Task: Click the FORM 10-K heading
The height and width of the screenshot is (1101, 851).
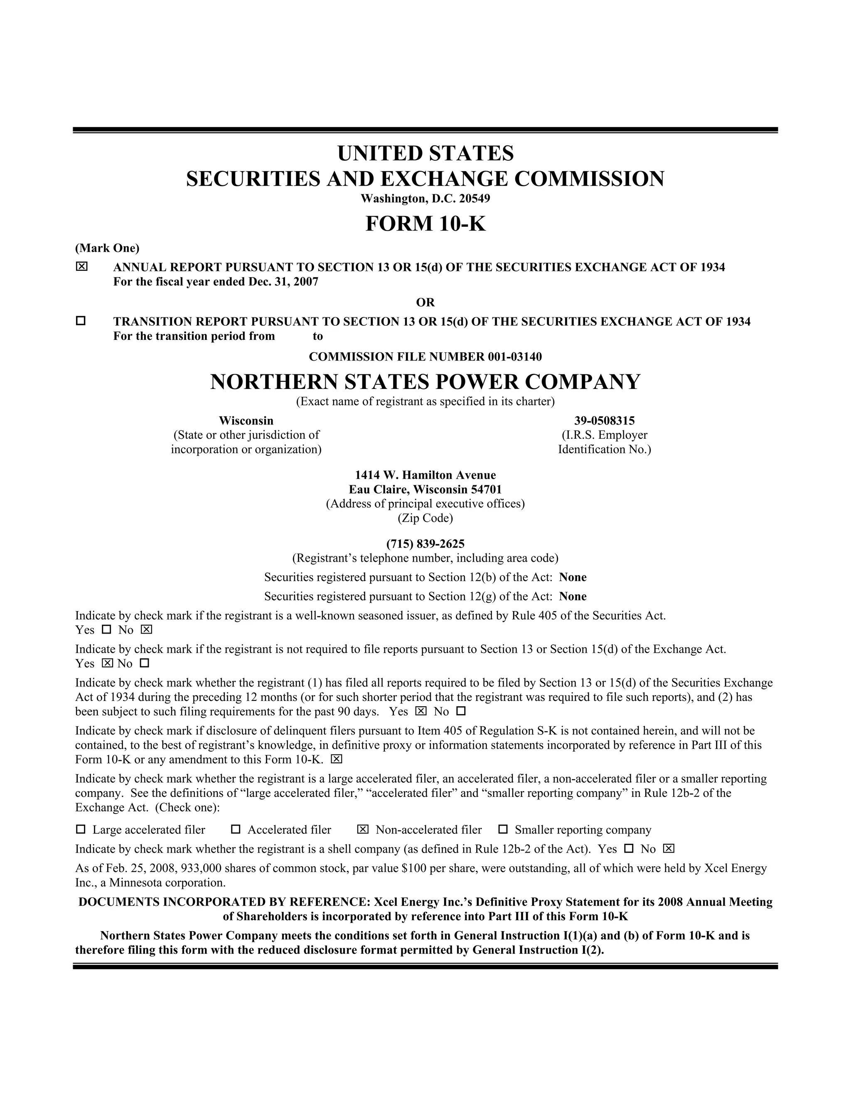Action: [x=425, y=224]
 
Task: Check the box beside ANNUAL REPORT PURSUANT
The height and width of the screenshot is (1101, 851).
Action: [x=81, y=266]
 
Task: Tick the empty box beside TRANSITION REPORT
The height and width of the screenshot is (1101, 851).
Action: [x=81, y=321]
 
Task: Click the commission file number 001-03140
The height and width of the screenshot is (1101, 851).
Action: [x=515, y=357]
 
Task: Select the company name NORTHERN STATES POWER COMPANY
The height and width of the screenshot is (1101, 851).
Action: [x=425, y=382]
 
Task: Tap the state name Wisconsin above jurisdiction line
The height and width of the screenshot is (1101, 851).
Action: [x=246, y=420]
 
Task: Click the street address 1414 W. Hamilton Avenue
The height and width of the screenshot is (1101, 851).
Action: [x=425, y=475]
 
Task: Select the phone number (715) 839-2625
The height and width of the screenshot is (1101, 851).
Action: [x=425, y=544]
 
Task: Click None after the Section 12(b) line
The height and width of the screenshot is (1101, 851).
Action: [x=573, y=577]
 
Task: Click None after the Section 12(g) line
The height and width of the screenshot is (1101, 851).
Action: [x=573, y=596]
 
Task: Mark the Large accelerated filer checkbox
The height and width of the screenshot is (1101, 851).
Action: [x=81, y=829]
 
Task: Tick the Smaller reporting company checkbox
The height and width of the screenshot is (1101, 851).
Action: [x=503, y=829]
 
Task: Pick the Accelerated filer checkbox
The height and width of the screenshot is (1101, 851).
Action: [x=236, y=829]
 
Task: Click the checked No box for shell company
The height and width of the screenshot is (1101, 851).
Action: [x=669, y=848]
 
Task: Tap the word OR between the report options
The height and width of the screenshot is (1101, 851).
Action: [x=425, y=302]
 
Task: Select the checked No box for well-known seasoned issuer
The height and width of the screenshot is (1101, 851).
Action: [x=147, y=629]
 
